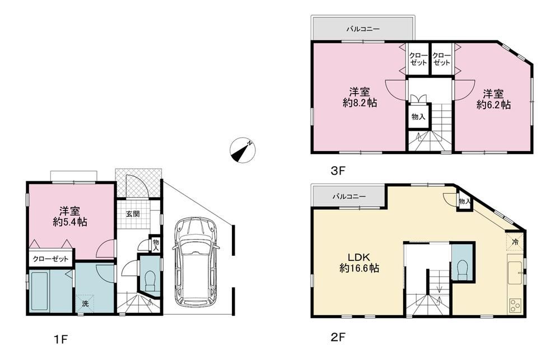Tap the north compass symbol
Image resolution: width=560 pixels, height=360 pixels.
(243, 150)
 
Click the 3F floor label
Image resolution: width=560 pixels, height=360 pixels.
(338, 171)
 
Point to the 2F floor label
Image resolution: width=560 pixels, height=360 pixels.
(338, 337)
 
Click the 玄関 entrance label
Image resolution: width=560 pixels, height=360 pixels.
(133, 214)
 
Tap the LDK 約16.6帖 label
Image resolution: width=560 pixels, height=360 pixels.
(360, 263)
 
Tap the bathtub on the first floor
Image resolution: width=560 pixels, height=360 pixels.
(40, 292)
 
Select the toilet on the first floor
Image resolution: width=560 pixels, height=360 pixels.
(150, 280)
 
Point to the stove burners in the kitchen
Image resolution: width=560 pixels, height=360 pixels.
(515, 306)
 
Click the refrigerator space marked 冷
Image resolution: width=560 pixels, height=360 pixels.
(515, 242)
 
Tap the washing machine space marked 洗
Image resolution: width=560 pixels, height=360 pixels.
(85, 304)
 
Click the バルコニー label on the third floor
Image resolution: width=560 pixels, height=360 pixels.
(363, 29)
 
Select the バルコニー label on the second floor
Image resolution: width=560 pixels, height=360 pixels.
(349, 197)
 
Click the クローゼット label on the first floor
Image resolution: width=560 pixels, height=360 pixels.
(50, 259)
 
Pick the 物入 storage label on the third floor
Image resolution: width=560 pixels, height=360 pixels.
(418, 116)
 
